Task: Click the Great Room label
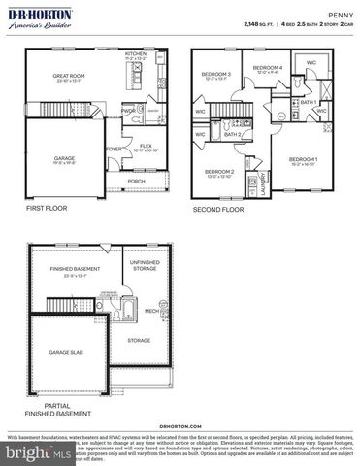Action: pyautogui.click(x=67, y=76)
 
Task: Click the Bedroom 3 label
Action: pyautogui.click(x=215, y=75)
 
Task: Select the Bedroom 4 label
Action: pyautogui.click(x=268, y=68)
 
